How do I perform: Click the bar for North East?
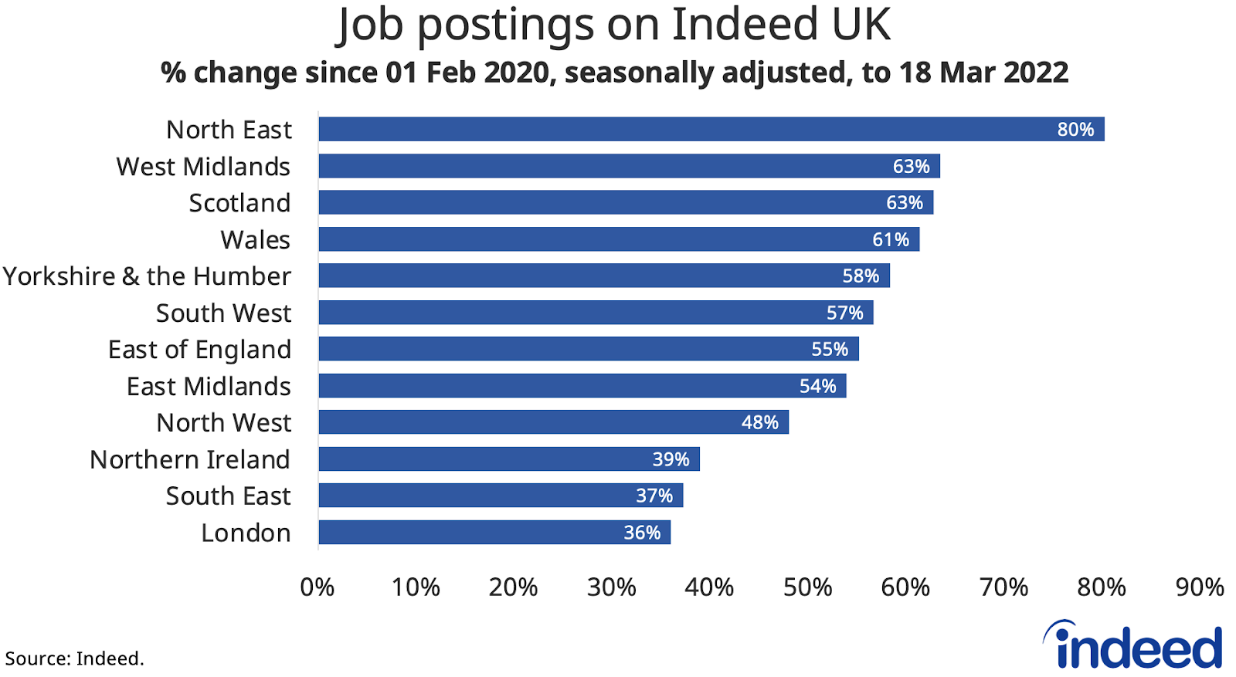pos(711,129)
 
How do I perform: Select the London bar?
pos(494,533)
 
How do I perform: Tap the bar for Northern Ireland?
pos(508,459)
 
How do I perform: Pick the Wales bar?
pos(618,239)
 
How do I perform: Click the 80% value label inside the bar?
pos(1075,130)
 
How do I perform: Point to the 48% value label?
pos(759,423)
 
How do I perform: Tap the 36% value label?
pos(642,533)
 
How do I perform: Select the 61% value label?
pos(891,240)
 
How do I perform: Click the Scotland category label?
pos(239,203)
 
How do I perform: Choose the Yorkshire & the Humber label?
pos(147,276)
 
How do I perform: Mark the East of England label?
pos(199,350)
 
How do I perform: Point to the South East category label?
pos(228,496)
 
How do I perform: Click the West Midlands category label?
pos(203,167)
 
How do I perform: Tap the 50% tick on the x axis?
pos(807,587)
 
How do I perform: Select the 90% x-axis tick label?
pos(1199,587)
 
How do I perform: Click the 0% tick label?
pos(317,587)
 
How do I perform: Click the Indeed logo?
pos(1136,645)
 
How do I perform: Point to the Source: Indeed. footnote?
pos(74,658)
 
